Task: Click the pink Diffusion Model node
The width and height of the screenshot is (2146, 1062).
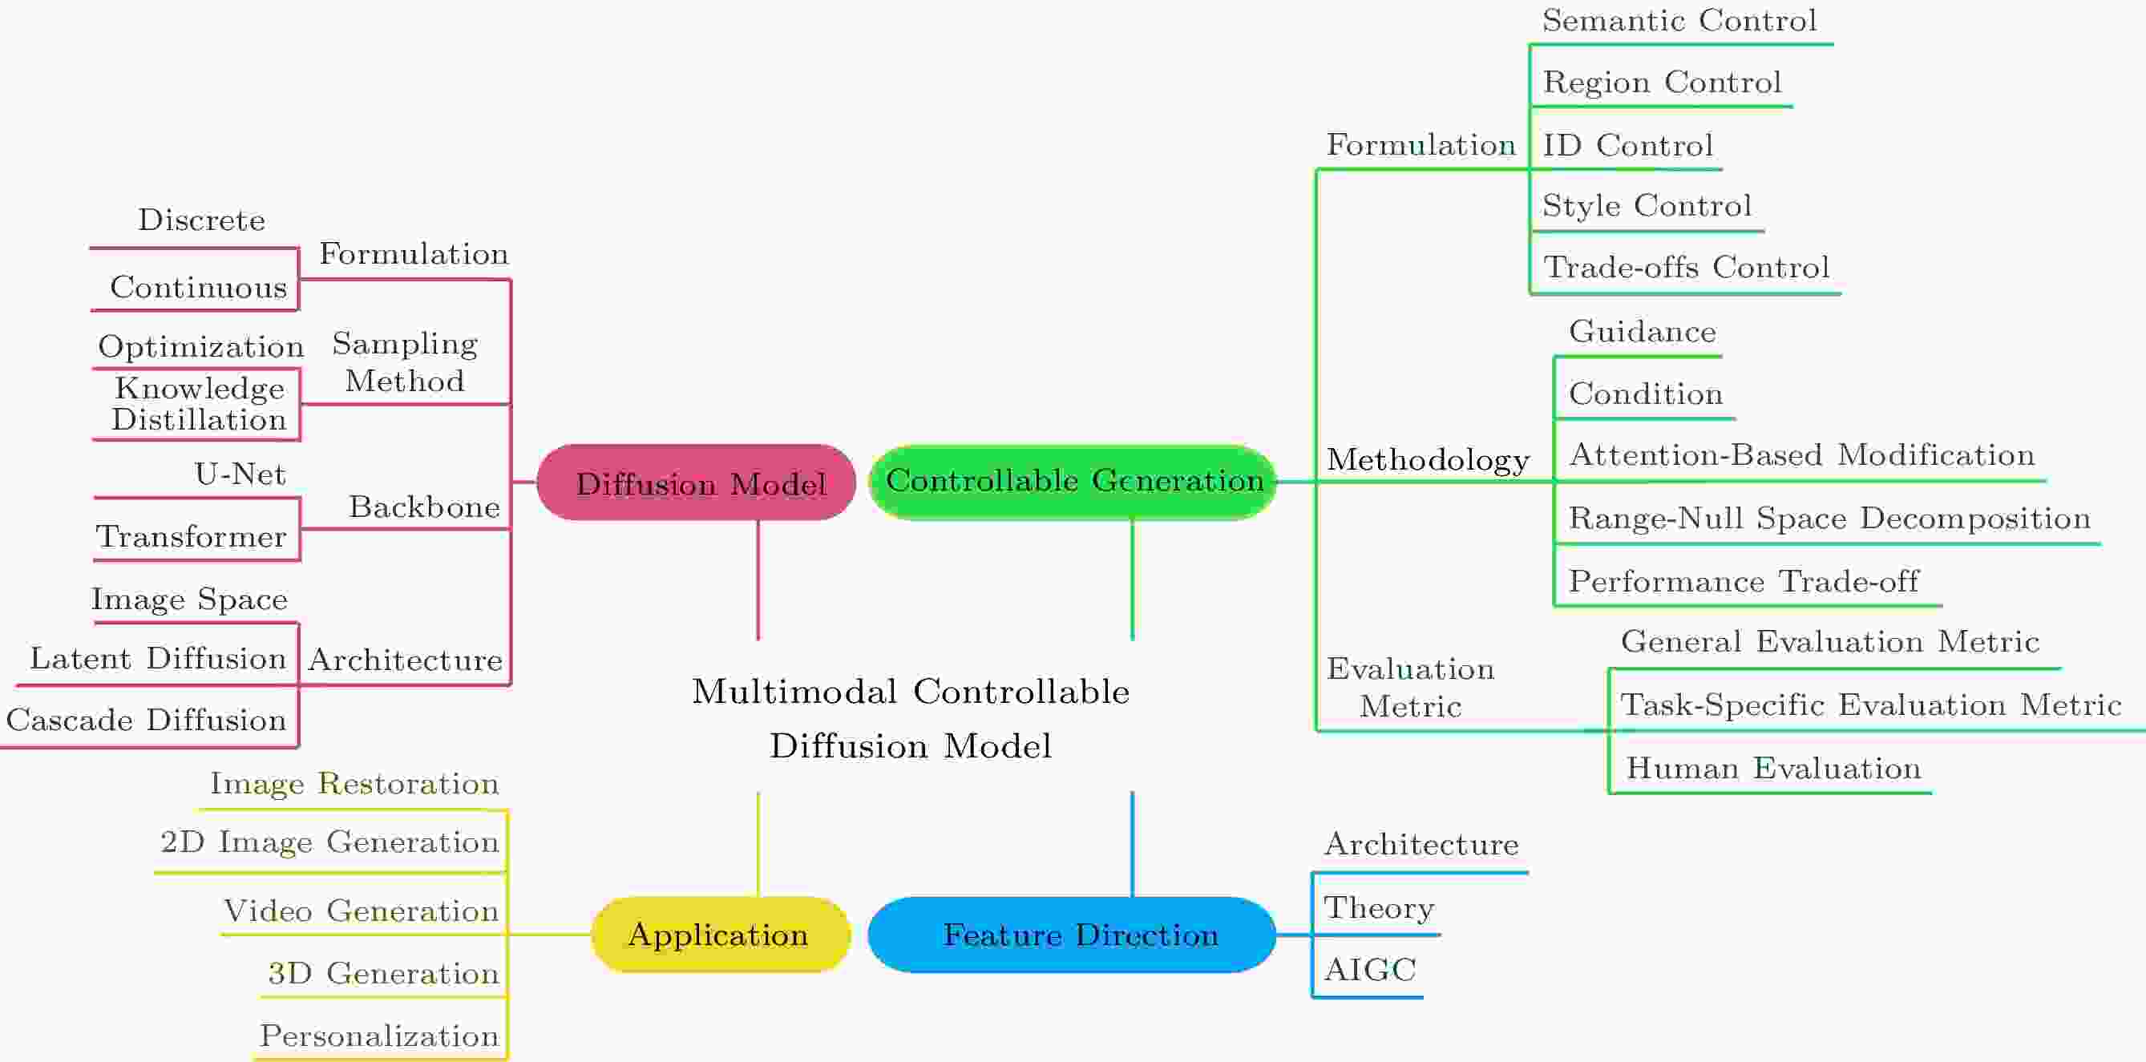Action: [697, 483]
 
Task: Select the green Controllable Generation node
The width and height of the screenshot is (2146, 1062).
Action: [1073, 482]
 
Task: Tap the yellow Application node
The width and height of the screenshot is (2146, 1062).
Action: [721, 935]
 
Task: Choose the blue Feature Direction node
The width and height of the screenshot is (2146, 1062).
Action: [1072, 935]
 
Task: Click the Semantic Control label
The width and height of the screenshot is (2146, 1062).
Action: [1679, 20]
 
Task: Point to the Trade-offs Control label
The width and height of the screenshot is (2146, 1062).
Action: [1687, 268]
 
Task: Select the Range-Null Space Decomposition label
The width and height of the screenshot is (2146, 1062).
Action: [1829, 519]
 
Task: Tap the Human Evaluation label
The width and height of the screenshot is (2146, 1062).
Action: [1773, 768]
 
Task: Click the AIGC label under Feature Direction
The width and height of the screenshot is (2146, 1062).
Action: [1370, 970]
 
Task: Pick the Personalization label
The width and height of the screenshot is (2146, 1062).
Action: [379, 1036]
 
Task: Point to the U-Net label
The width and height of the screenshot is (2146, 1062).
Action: [240, 474]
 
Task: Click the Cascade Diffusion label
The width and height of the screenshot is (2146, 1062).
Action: [147, 720]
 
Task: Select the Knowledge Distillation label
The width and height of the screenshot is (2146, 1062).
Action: [199, 404]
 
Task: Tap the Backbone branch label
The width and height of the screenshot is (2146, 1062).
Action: [424, 507]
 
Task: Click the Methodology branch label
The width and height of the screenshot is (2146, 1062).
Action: [1428, 460]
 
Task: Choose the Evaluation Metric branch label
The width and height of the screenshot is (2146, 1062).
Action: [1410, 687]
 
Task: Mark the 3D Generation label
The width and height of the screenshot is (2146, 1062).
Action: [383, 973]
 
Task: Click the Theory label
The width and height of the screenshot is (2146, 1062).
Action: [1380, 908]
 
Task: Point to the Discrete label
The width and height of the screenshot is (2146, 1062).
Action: [201, 220]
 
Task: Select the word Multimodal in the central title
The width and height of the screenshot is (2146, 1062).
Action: [794, 692]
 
